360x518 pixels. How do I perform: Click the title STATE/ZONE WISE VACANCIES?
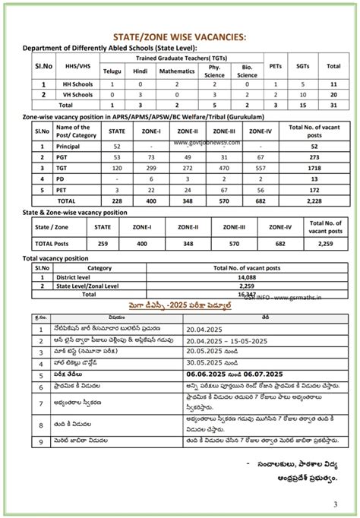pyautogui.click(x=179, y=36)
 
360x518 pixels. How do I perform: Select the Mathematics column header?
pyautogui.click(x=176, y=71)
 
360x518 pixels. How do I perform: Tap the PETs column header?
pyautogui.click(x=276, y=66)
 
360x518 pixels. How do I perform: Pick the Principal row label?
pyautogui.click(x=69, y=145)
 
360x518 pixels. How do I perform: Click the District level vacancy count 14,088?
pyautogui.click(x=247, y=278)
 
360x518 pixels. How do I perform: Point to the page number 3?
pyautogui.click(x=336, y=504)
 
